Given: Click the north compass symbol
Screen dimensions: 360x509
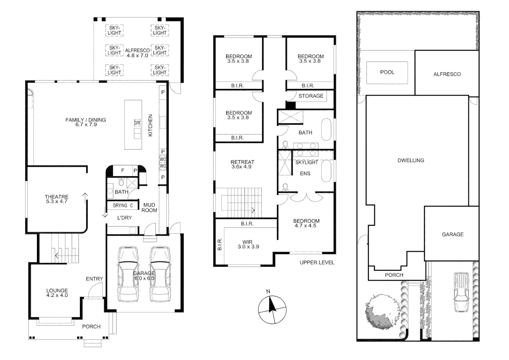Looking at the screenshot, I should coord(272,309).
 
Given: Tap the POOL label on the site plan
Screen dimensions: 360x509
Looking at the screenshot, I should coord(387,72).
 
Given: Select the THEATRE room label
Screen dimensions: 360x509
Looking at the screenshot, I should coord(57,199).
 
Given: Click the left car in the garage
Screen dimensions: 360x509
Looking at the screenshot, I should coord(128,274).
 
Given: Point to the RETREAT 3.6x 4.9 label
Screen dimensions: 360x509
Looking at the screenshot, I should coord(242,164).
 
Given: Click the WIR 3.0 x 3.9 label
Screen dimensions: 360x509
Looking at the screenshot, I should coord(248,244).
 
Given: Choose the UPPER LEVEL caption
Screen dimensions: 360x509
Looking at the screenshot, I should coord(316,263).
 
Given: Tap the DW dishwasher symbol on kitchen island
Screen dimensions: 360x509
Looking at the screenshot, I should coord(137,123).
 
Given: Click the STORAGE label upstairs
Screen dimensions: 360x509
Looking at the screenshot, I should coord(310,96).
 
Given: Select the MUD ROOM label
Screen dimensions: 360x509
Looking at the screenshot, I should coord(149,208).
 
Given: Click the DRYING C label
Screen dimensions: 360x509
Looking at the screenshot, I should coord(123,206).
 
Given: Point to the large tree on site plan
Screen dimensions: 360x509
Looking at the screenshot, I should coord(379,312).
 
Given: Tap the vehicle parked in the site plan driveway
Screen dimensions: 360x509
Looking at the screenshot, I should coord(461,292).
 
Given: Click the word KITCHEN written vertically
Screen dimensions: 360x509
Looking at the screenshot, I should coord(150,125).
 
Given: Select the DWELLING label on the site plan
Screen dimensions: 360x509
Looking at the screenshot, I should coord(411,160).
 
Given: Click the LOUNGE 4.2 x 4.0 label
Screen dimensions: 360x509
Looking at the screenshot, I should coord(57,293).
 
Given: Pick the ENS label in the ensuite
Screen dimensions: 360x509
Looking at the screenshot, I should coord(305,174).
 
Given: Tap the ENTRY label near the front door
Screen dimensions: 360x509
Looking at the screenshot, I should coord(94,279).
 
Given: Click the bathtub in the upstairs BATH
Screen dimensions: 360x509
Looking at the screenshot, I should coord(326,129).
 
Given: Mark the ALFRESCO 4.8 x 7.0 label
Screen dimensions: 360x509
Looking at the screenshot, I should coord(137,53).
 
